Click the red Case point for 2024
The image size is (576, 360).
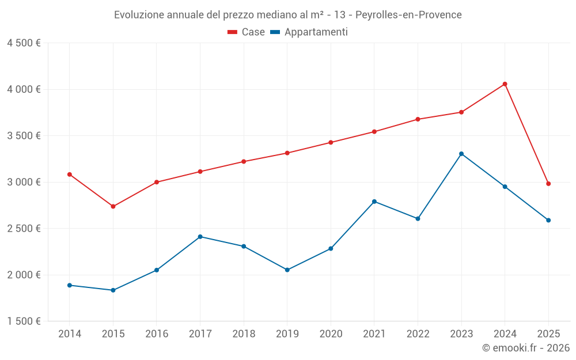tap(505, 84)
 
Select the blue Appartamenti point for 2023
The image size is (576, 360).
tap(461, 154)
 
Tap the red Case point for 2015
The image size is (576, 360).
tap(113, 206)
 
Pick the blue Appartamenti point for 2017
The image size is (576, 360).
tap(200, 237)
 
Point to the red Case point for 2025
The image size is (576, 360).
tap(548, 184)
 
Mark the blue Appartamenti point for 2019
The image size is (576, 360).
tap(287, 270)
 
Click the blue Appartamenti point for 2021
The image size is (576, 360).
tap(374, 202)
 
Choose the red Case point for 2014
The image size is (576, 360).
tap(70, 175)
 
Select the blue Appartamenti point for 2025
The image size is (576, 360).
tap(548, 220)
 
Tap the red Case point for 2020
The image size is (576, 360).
tap(331, 142)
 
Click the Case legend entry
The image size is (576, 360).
tap(247, 32)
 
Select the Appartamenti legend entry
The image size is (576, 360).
tap(309, 32)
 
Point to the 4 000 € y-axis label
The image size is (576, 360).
tap(24, 89)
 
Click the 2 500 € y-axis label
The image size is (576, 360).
tap(24, 228)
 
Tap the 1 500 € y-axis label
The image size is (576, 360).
tap(24, 321)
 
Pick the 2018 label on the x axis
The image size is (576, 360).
tap(244, 334)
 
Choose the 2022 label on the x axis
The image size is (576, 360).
tap(418, 334)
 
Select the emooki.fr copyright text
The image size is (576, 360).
tap(525, 348)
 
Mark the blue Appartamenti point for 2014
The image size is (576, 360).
tap(70, 285)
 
